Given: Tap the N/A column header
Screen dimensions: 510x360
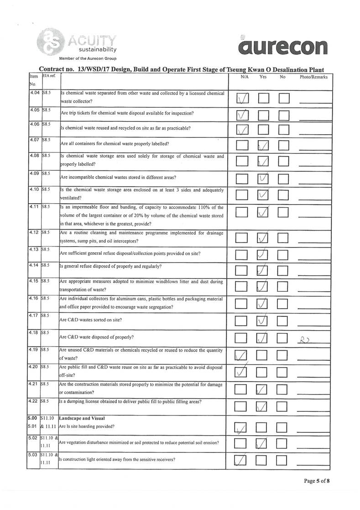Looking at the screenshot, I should tap(244, 77).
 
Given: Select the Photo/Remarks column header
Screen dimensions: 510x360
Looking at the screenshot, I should tap(313, 77).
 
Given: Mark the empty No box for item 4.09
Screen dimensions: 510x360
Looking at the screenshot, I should tap(284, 179).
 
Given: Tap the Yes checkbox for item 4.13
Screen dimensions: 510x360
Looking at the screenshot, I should tap(263, 254).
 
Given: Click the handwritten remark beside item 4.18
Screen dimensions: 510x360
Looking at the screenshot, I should tap(304, 338).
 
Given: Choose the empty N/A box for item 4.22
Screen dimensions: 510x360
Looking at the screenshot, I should tap(244, 406).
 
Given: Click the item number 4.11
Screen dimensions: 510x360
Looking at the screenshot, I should tap(33, 207).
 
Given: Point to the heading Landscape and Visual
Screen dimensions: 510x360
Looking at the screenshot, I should tap(80, 418).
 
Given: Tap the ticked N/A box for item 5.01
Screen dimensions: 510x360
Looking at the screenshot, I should tap(244, 427).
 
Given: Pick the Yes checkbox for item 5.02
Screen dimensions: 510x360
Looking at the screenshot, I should tap(263, 443).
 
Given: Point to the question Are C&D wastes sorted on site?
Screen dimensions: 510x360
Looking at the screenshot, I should tap(91, 320).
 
